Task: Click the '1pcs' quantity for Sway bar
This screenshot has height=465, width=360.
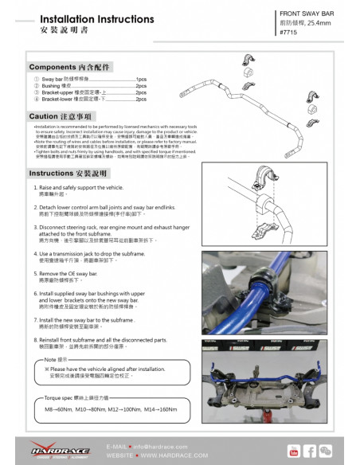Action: pyautogui.click(x=141, y=80)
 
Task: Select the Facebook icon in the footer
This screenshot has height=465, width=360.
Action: pyautogui.click(x=311, y=451)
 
